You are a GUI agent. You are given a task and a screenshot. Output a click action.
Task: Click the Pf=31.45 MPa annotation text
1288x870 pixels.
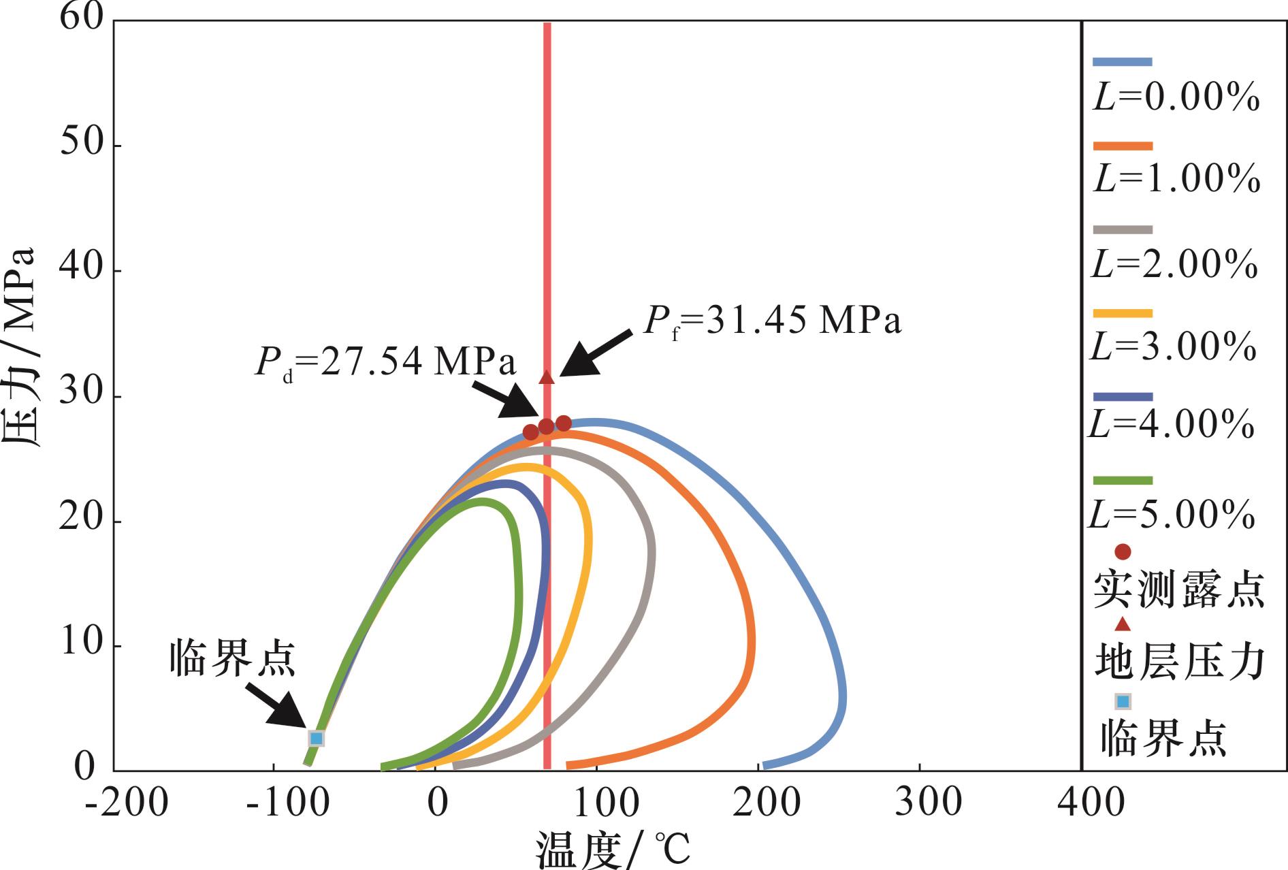coord(773,321)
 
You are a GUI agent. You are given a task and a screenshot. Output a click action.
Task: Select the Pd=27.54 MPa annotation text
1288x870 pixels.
coord(385,362)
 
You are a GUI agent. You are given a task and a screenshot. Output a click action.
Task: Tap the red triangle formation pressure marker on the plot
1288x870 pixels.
coord(547,377)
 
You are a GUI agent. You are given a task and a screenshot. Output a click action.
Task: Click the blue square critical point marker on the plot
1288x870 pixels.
coord(316,739)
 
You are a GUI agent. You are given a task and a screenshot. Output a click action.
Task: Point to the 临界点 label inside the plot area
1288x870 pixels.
coord(233,658)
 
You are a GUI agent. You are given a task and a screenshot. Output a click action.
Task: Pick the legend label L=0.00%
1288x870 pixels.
coord(1176,97)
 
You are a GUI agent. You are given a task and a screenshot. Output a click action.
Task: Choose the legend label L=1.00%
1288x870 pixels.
coord(1176,179)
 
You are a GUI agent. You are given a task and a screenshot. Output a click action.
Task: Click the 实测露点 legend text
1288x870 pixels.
coord(1179,590)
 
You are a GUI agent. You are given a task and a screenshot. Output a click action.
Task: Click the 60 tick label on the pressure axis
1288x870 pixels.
coord(81,16)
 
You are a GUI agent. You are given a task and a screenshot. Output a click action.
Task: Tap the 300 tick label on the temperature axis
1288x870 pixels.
coord(928,804)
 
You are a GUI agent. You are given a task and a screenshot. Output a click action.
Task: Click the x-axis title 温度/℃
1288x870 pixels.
coord(613,850)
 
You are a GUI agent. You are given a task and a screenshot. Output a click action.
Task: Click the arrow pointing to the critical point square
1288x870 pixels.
coord(276,704)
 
